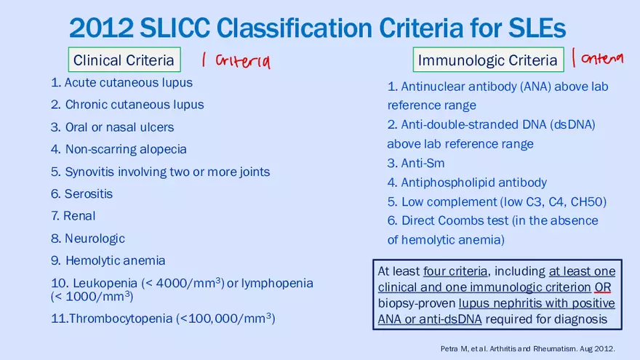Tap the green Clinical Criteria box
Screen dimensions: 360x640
click(x=124, y=60)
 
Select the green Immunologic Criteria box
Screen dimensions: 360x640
click(x=487, y=60)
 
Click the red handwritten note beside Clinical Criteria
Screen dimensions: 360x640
click(x=236, y=61)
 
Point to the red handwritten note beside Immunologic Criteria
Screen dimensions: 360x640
click(x=598, y=58)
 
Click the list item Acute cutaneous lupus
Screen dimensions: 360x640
click(x=121, y=82)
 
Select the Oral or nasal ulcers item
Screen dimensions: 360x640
click(x=113, y=127)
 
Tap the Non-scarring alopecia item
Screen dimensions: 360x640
click(x=119, y=149)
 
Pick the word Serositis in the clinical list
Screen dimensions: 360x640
click(x=88, y=194)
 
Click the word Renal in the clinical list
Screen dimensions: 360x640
click(x=79, y=216)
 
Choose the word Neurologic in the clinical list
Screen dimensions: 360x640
click(x=95, y=239)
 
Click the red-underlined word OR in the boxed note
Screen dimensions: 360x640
click(x=603, y=287)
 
